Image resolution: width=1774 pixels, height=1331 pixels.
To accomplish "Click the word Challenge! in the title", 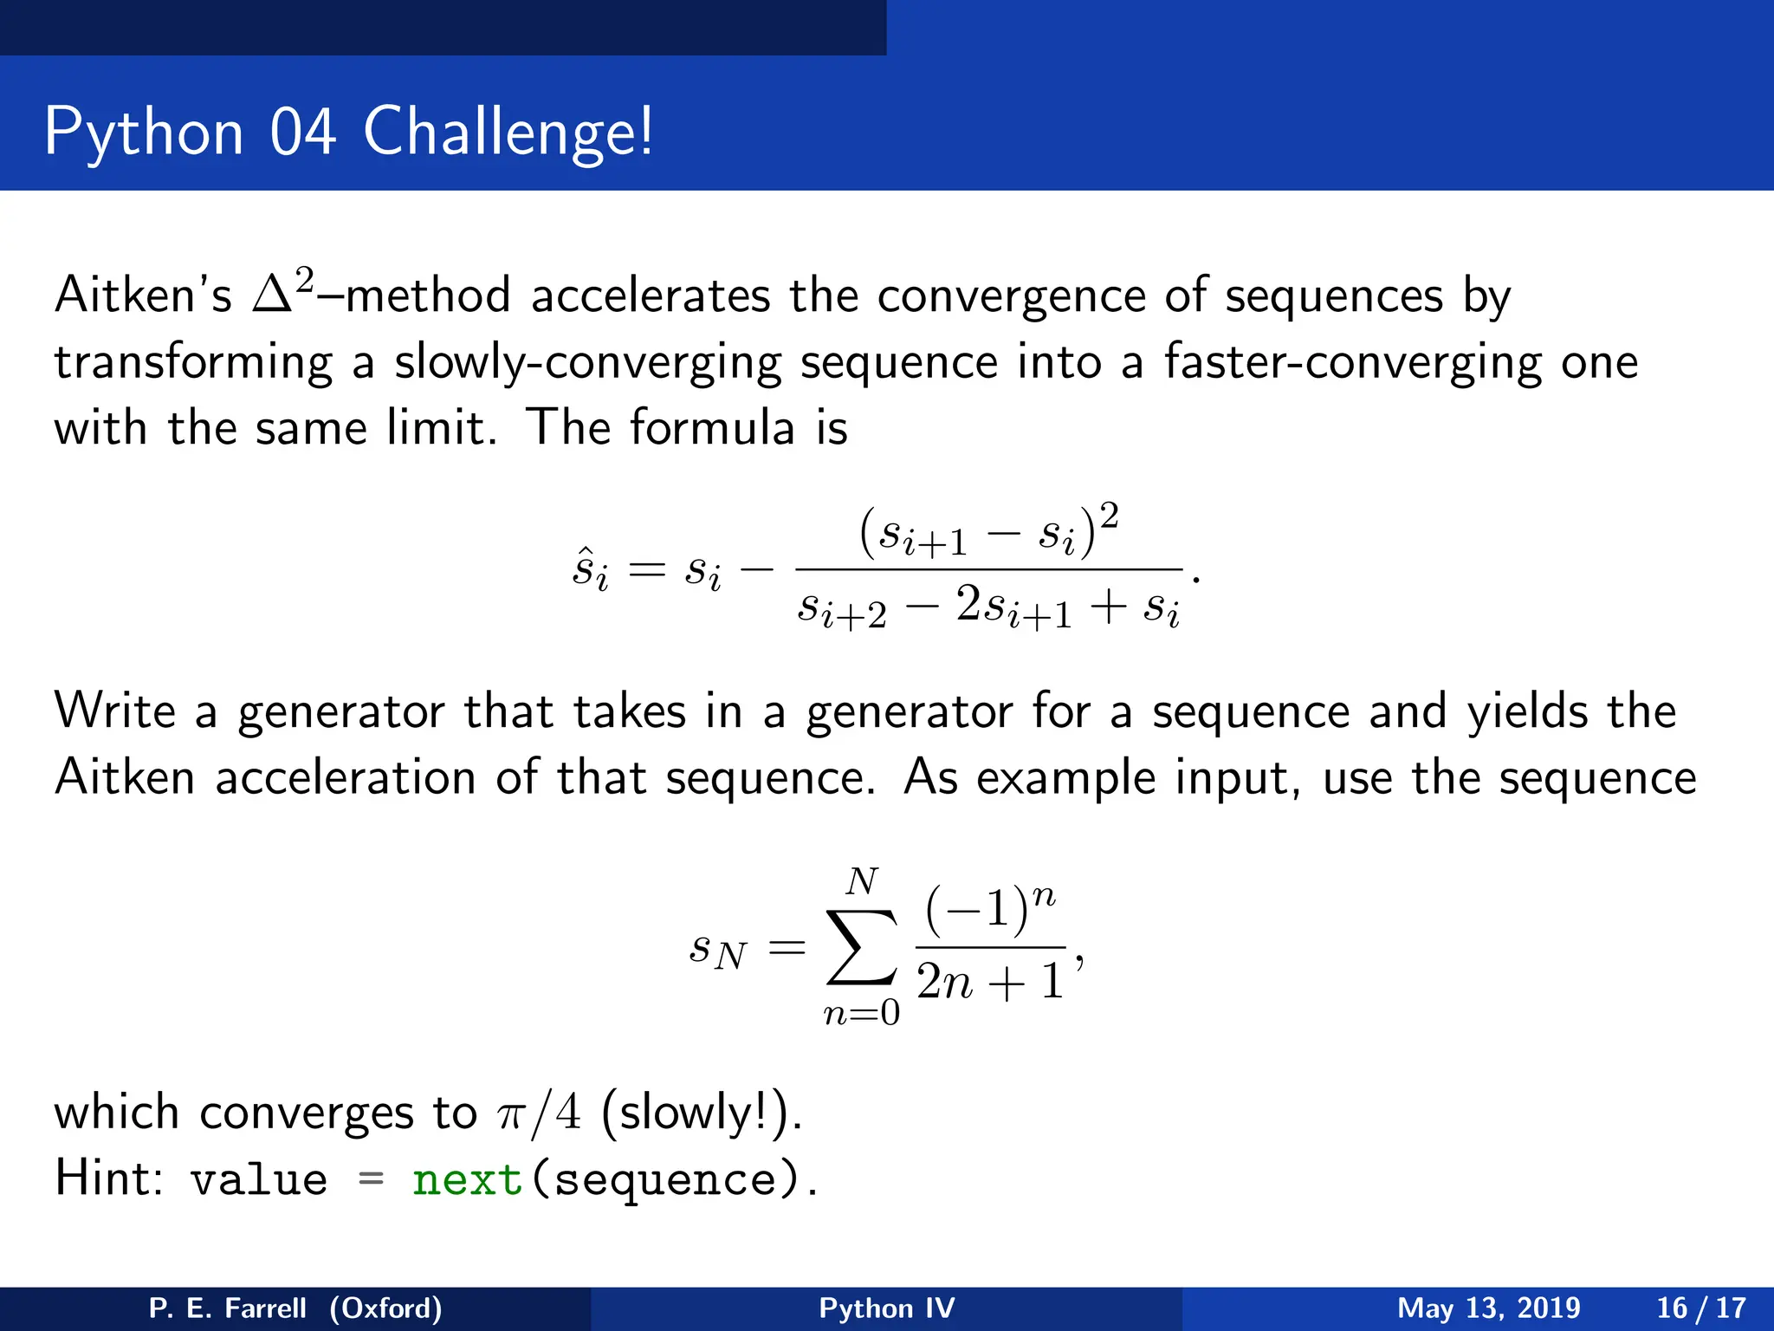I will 508,132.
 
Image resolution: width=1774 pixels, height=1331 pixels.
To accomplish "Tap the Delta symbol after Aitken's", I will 272,296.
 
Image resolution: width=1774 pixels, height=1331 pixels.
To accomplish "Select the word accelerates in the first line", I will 650,296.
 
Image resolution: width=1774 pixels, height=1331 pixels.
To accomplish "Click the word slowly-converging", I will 587,362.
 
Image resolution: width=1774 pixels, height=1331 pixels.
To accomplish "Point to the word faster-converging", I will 1352,362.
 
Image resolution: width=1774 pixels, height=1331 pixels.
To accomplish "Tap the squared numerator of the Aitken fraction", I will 988,531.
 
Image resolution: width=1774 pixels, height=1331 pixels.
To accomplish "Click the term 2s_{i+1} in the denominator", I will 1013,607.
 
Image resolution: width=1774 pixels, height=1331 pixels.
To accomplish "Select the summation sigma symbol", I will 860,947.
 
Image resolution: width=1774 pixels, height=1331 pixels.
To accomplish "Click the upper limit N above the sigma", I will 861,882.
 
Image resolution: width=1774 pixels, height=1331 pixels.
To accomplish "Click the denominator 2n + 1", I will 989,983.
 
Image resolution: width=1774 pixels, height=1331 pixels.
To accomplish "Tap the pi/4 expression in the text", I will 539,1113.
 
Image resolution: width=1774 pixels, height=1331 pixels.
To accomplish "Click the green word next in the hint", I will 467,1180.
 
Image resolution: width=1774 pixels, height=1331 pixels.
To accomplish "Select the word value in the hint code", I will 259,1180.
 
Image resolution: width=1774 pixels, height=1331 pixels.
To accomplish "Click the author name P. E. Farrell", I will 227,1308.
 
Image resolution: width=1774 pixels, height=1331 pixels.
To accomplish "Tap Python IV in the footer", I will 886,1308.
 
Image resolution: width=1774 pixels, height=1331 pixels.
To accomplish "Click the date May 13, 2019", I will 1488,1308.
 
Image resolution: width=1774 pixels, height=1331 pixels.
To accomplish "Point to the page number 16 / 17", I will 1700,1308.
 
